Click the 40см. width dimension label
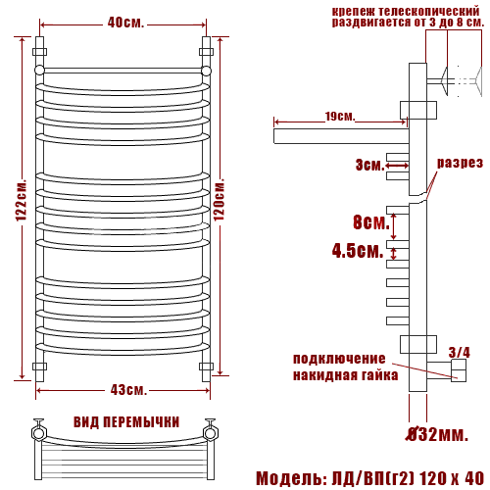point(125,23)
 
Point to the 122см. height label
point(22,200)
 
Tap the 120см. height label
point(220,199)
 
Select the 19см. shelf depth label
point(340,116)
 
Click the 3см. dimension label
point(370,165)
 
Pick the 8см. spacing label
point(371,222)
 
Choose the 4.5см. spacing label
point(358,251)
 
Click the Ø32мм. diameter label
point(437,434)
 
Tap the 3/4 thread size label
point(459,352)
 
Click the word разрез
point(460,163)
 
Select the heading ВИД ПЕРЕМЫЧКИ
point(126,421)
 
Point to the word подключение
point(339,359)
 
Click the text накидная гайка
point(345,375)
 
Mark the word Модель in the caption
point(290,478)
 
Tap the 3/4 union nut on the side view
point(459,370)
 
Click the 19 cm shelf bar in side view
point(341,136)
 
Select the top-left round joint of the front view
point(39,71)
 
